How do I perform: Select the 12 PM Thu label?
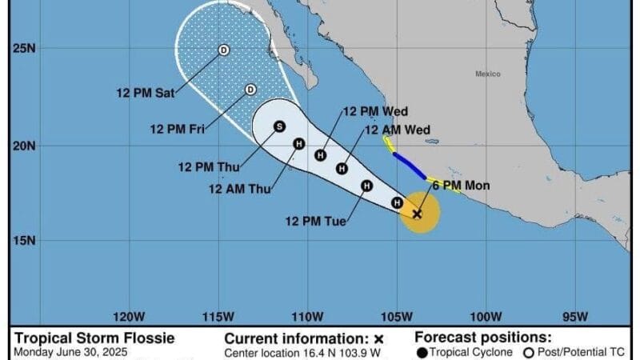coord(205,167)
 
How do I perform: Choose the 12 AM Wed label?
coord(397,130)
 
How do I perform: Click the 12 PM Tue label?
coord(316,222)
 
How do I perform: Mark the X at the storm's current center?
coord(417,214)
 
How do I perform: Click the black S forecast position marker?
coord(279,126)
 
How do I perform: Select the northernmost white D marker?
coord(224,50)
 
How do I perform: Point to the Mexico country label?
coord(487,74)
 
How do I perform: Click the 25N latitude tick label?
coord(25,50)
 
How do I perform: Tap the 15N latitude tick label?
coord(25,241)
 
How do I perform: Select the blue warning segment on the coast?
coord(409,166)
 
